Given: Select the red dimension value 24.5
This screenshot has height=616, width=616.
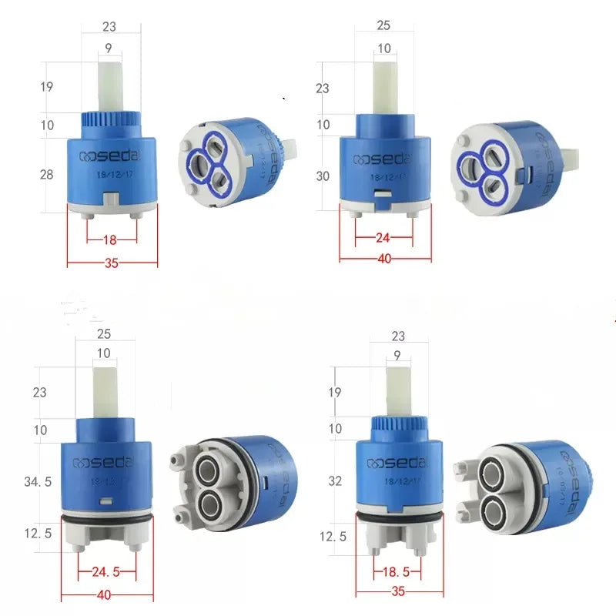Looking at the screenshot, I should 106,572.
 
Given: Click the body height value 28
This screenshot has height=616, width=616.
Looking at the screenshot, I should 47,175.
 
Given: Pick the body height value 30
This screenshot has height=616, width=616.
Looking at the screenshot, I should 323,176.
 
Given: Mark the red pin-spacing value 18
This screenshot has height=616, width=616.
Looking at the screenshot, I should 110,239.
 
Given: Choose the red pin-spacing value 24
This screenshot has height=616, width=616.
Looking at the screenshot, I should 383,238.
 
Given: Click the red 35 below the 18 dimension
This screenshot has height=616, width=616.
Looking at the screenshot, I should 111,263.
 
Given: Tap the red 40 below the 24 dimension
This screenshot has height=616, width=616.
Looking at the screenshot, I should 384,259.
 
